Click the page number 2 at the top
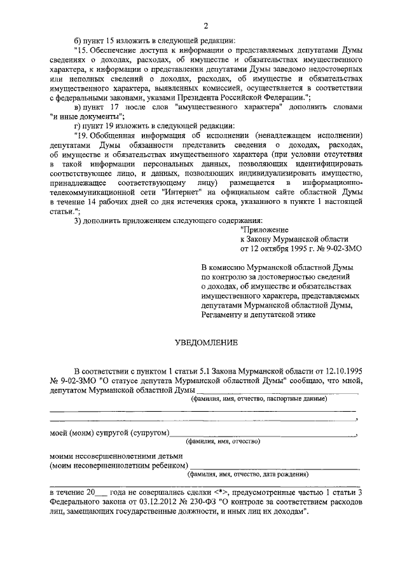coord(205,25)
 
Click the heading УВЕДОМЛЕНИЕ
coord(206,343)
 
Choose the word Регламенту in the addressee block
coord(222,314)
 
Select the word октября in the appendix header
coord(275,250)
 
